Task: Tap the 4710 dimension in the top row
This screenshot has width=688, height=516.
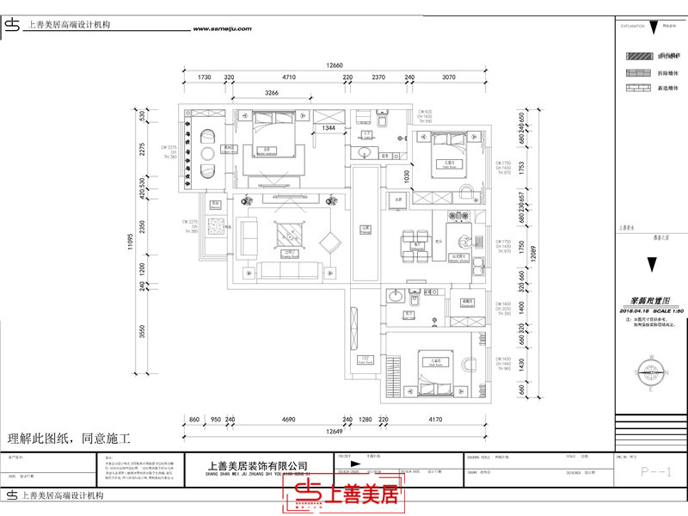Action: [x=289, y=77]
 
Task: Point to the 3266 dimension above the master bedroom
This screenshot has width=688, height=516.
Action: [x=272, y=93]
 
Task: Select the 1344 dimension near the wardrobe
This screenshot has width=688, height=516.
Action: [x=329, y=127]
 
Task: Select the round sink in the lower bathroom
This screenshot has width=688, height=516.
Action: [x=396, y=298]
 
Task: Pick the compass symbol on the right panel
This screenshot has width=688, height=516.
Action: [x=650, y=372]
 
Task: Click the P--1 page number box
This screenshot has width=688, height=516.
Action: [x=650, y=472]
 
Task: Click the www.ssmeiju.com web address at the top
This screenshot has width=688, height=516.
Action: [x=223, y=28]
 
